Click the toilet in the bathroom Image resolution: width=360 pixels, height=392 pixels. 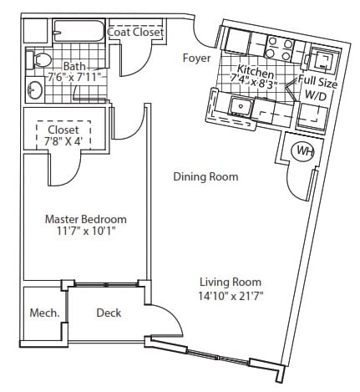tap(39, 59)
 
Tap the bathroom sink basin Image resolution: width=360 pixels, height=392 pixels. tap(34, 89)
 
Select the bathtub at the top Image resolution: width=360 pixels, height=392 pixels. tap(79, 31)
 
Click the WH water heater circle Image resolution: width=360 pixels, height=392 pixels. tap(302, 151)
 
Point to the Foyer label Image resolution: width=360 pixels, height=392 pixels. tap(196, 58)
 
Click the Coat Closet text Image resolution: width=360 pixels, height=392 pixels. tap(135, 32)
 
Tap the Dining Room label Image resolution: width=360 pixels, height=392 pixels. tap(205, 176)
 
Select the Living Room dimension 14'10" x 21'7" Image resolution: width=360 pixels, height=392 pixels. tap(231, 296)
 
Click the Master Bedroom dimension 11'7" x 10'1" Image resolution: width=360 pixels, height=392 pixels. tap(86, 231)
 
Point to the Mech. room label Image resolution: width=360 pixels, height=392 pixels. tap(44, 313)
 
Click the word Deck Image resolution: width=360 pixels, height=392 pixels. tap(109, 313)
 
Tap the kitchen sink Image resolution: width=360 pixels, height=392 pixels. tap(241, 106)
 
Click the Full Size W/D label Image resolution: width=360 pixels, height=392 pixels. tap(317, 89)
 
